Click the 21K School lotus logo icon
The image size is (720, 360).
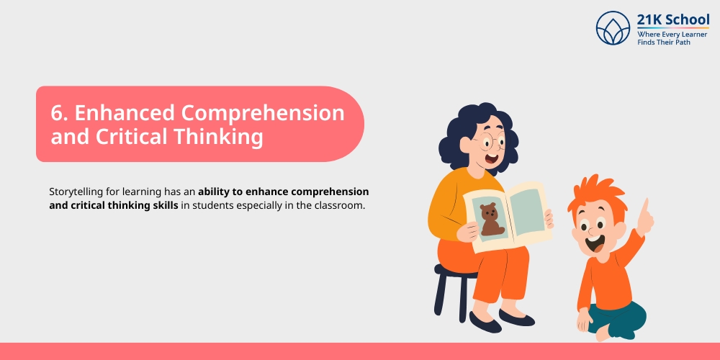[x=613, y=28]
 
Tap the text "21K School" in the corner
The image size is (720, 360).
[x=673, y=19]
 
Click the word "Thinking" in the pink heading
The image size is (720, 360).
[x=227, y=137]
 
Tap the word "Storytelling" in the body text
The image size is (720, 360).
[x=76, y=192]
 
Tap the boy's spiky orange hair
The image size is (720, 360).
[x=592, y=192]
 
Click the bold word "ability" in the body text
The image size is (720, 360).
[x=217, y=192]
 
